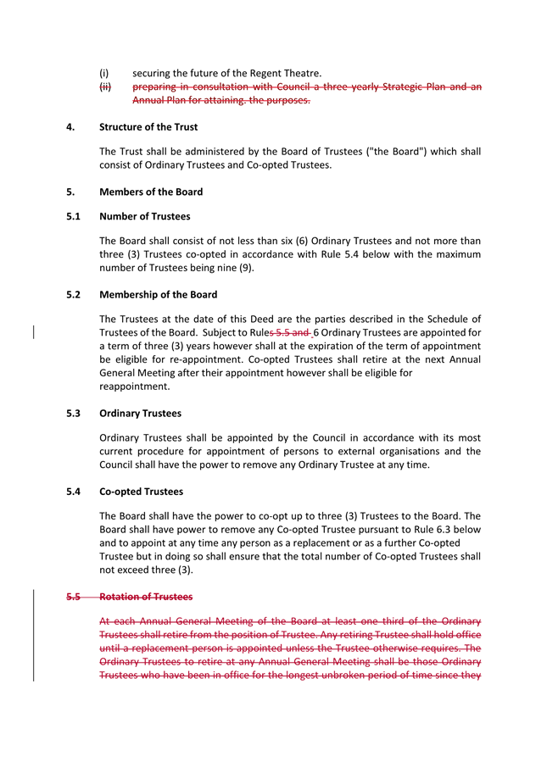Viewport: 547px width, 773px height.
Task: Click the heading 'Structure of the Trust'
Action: (148, 127)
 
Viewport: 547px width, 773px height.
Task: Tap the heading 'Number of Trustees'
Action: (144, 216)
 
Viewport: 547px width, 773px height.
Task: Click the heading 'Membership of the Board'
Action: (158, 295)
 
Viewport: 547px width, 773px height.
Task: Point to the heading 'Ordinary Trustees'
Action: (140, 414)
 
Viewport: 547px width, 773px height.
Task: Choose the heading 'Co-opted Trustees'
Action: (141, 492)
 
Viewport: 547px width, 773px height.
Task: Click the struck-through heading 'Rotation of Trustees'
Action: (146, 597)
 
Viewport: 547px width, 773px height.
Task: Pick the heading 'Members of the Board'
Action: (151, 192)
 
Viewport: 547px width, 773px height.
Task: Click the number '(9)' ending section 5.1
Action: (245, 269)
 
